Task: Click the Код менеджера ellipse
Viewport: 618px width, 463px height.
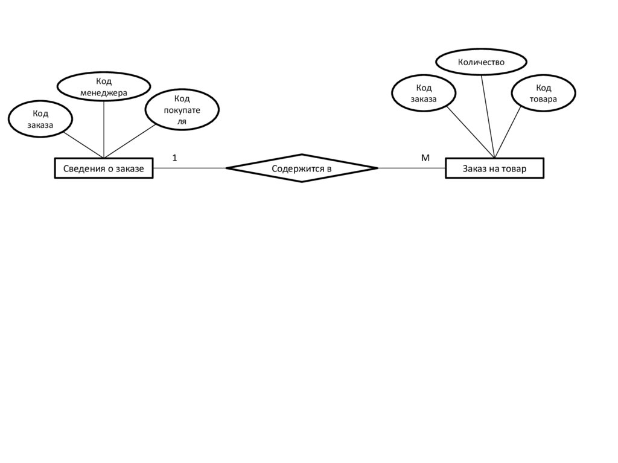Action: (104, 86)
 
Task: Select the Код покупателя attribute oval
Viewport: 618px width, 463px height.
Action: (182, 109)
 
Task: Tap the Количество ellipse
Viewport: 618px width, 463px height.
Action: (481, 62)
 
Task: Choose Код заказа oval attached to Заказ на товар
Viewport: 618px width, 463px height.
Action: (423, 94)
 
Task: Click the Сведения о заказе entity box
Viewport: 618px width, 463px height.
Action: (104, 168)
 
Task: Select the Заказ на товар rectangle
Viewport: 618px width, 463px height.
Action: (494, 168)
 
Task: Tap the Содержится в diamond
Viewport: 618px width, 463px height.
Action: (302, 168)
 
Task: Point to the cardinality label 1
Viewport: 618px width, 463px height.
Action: (174, 158)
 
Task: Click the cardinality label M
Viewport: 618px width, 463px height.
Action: (425, 158)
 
